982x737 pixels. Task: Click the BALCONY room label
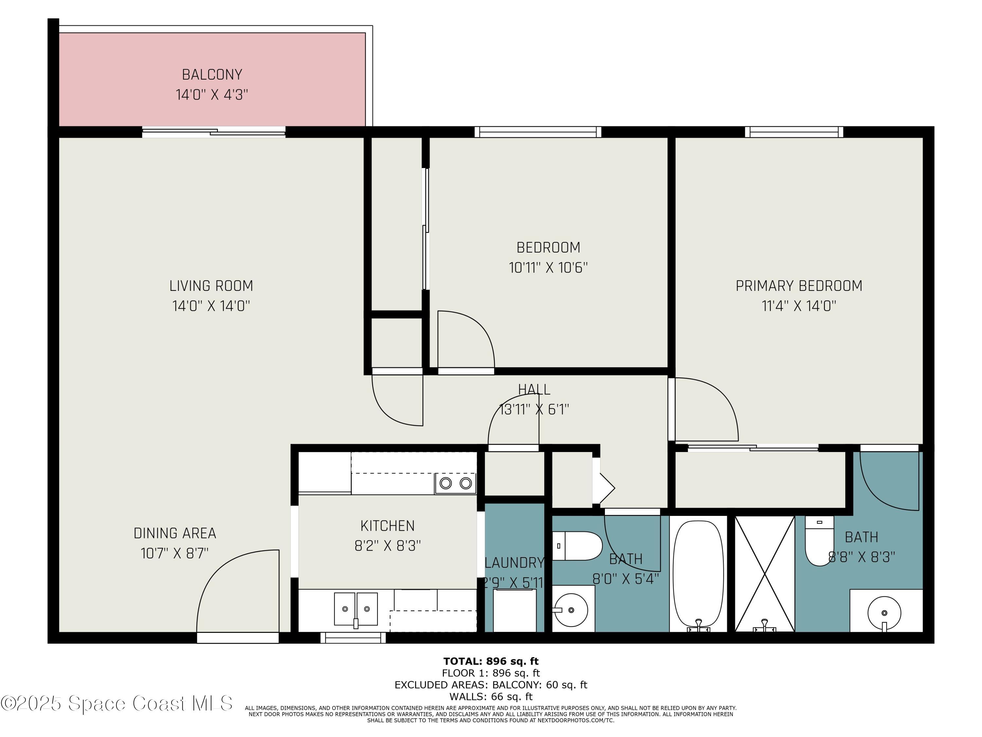[212, 75]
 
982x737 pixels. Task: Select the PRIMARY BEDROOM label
[799, 286]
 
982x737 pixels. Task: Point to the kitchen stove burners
[456, 483]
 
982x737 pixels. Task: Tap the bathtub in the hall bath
[698, 574]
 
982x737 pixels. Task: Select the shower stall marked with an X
[764, 574]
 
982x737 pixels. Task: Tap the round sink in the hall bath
[571, 610]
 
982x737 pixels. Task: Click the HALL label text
[534, 389]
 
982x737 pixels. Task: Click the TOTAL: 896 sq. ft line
[491, 661]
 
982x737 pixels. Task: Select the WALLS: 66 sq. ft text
[491, 697]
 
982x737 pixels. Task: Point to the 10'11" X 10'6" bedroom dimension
[548, 268]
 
